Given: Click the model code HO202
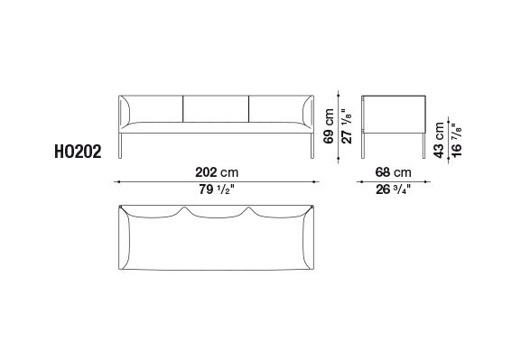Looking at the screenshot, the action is click(x=78, y=152).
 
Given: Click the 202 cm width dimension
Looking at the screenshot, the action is click(x=217, y=172).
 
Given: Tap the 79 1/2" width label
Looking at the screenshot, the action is click(x=217, y=189).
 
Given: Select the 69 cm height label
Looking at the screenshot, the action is click(x=329, y=126).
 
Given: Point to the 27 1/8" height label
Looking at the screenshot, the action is click(x=346, y=126).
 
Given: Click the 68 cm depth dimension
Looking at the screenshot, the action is click(x=393, y=172).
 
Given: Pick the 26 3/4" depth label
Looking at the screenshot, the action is click(x=393, y=189).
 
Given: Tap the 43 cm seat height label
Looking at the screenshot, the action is click(x=439, y=140).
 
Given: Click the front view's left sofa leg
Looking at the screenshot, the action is click(x=120, y=146).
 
